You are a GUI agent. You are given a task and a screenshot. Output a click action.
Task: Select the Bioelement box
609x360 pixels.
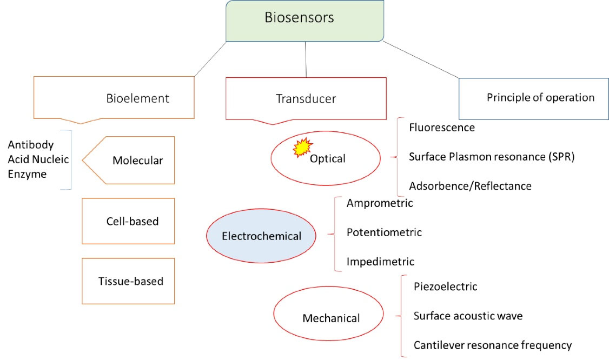tap(114, 98)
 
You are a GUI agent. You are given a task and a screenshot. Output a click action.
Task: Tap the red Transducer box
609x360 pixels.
tap(306, 98)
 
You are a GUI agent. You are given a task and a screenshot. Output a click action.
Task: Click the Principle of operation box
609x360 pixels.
tap(540, 98)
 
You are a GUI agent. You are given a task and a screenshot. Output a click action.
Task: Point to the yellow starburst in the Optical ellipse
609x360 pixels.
tap(303, 147)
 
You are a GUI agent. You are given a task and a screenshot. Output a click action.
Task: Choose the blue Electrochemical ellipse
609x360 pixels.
tap(261, 236)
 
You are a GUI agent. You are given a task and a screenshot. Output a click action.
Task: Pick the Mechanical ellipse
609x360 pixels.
tap(330, 318)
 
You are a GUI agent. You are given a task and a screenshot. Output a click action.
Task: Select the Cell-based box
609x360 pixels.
tap(128, 221)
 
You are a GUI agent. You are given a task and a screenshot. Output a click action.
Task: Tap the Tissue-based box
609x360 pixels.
tap(128, 281)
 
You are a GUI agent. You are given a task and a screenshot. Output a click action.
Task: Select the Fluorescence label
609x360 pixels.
tap(442, 128)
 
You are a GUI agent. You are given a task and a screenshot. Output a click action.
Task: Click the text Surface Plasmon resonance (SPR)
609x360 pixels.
tap(491, 157)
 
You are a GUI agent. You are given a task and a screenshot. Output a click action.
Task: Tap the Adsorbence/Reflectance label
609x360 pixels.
tap(470, 186)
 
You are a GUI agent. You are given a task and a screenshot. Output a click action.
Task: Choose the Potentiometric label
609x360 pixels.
tap(384, 232)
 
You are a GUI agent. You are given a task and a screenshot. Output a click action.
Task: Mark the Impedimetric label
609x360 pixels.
tap(380, 262)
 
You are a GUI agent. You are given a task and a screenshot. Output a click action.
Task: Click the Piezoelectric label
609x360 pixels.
tap(445, 286)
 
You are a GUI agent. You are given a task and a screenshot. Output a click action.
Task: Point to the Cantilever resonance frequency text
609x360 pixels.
tap(492, 345)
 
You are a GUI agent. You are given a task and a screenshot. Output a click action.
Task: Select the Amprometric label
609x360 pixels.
tap(380, 203)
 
